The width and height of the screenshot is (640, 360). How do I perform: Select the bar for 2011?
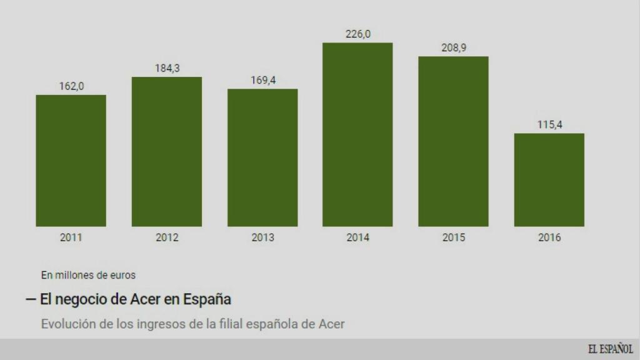coord(71,161)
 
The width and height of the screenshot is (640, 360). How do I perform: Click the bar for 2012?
coord(167,152)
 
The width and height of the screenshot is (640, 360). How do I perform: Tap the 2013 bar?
coord(262,157)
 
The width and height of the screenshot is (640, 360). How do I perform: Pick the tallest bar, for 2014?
coord(357,134)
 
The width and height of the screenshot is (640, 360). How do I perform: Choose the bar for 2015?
coord(453,141)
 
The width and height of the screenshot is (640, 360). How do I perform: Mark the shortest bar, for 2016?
coord(549,180)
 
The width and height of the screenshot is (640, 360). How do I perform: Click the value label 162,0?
coord(71,86)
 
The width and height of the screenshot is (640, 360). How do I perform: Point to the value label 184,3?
coord(167,68)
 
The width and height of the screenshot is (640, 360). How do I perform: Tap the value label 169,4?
coord(262,80)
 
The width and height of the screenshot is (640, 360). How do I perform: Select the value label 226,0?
coord(358,34)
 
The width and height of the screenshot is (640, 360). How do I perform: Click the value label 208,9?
coord(454,47)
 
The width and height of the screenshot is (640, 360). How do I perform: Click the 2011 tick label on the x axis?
coord(71,237)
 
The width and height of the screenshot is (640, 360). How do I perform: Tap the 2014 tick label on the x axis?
coord(358,237)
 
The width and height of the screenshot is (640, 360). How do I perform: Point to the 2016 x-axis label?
coord(549,237)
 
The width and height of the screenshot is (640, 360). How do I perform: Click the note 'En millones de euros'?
coord(88,274)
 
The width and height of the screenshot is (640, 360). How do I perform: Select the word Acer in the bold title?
coord(144,299)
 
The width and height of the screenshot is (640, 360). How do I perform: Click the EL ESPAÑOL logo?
coord(610,349)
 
